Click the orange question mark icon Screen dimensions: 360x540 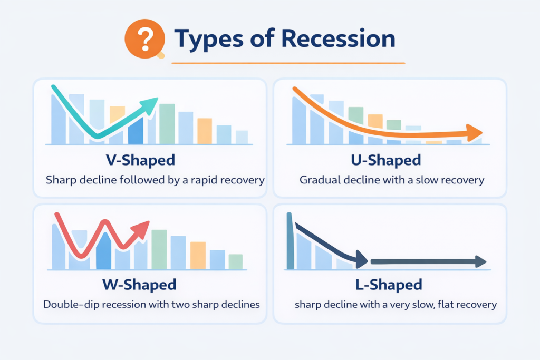pos(139,38)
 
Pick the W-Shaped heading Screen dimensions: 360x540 pos(139,285)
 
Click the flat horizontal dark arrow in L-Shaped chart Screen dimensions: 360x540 pos(427,261)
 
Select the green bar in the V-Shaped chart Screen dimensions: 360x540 pos(167,123)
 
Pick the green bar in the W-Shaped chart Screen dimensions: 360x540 pos(159,249)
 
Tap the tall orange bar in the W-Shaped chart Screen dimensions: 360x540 pos(198,255)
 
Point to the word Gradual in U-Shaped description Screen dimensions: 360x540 pos(320,180)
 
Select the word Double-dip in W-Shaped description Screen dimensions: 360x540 pos(69,305)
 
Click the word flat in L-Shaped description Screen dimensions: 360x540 pos(440,305)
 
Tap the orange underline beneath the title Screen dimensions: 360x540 pos(288,63)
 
